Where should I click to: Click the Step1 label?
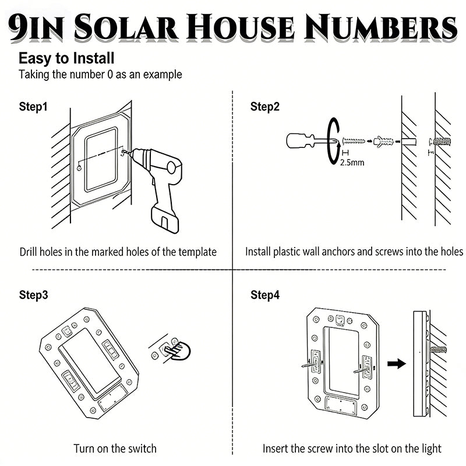click(33, 107)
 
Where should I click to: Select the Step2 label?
click(265, 107)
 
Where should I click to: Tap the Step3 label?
click(33, 295)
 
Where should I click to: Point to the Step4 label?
click(265, 295)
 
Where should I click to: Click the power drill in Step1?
click(161, 181)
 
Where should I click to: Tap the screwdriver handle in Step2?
click(300, 140)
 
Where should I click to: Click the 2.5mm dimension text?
click(352, 163)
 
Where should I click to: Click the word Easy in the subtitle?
click(33, 59)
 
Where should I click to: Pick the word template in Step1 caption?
click(196, 252)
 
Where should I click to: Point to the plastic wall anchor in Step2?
click(384, 140)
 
